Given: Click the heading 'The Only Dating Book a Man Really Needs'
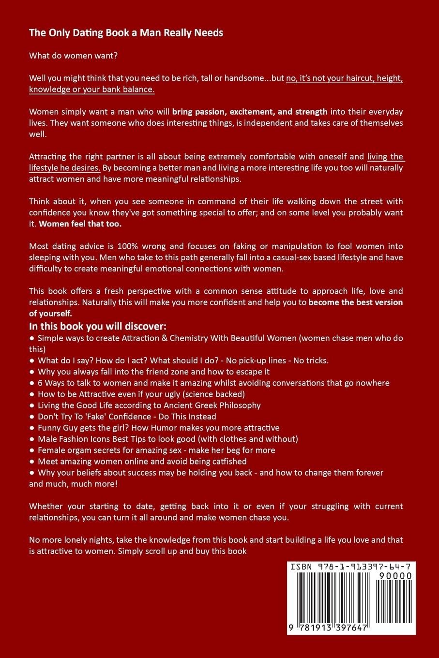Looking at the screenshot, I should click(x=126, y=33).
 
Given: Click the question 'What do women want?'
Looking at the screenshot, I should click(x=73, y=56).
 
